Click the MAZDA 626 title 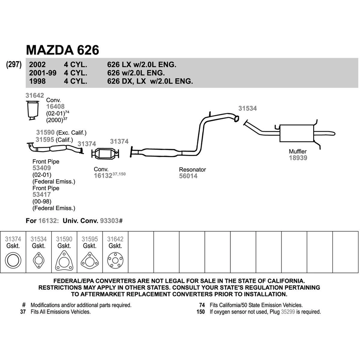click(62, 50)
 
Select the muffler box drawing click(297, 133)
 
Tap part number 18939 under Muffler click(298, 158)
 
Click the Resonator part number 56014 click(188, 176)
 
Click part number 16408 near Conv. click(55, 106)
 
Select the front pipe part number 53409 click(42, 168)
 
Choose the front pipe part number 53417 click(42, 195)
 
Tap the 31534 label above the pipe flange click(248, 108)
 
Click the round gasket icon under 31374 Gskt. click(13, 260)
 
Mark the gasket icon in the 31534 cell click(38, 260)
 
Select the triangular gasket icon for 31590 click(64, 260)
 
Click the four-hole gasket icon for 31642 click(115, 260)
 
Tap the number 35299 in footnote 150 click(288, 312)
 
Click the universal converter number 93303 click(109, 221)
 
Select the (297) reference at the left click(14, 64)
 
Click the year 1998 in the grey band click(38, 81)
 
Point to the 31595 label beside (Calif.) click(45, 140)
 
